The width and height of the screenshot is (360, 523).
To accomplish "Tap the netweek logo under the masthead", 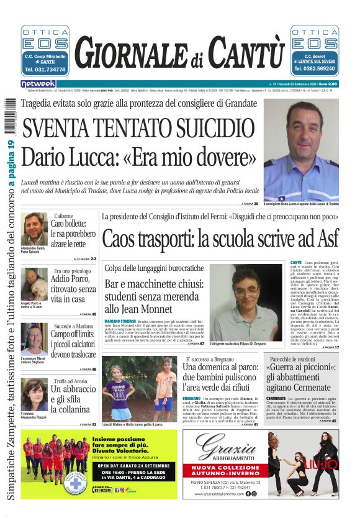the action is [37, 83].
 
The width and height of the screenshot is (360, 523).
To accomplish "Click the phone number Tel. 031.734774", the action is [45, 70].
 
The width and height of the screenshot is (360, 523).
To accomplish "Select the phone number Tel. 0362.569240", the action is [314, 70].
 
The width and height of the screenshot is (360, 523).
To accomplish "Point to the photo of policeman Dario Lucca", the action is [301, 149].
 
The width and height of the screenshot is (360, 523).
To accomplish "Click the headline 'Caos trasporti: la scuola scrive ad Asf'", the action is [220, 239].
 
